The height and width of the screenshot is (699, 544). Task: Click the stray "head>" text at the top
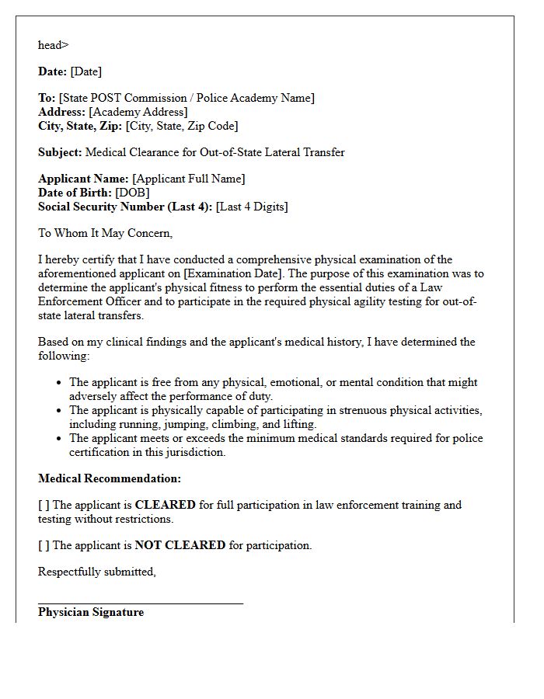[x=53, y=45]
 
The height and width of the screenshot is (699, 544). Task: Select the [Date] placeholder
[x=85, y=71]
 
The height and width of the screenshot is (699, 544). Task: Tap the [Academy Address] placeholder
[x=138, y=112]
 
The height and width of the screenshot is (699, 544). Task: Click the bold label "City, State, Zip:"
[x=80, y=126]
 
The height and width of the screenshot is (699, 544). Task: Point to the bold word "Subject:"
[x=60, y=152]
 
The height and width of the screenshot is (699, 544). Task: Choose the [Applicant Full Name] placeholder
[x=188, y=179]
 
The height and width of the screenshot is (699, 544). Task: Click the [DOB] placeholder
[x=132, y=193]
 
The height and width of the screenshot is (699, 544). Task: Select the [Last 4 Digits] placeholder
[x=252, y=207]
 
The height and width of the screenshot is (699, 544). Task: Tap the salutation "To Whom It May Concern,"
[x=105, y=233]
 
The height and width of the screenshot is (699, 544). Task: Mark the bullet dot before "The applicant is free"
[x=60, y=383]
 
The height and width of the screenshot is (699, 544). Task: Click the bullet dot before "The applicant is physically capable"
[x=60, y=411]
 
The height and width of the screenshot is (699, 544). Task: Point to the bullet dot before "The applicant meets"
[x=60, y=439]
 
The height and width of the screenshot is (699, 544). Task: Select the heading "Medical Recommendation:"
[x=110, y=478]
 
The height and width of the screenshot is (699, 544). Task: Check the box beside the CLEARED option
[x=44, y=505]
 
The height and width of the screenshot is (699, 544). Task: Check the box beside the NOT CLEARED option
[x=44, y=545]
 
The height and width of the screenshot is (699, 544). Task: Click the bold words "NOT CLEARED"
[x=180, y=545]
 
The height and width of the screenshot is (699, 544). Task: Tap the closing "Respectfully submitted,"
[x=97, y=572]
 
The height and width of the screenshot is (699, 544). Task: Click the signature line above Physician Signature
[x=140, y=602]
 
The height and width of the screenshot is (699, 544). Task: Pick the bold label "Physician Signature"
[x=91, y=612]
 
